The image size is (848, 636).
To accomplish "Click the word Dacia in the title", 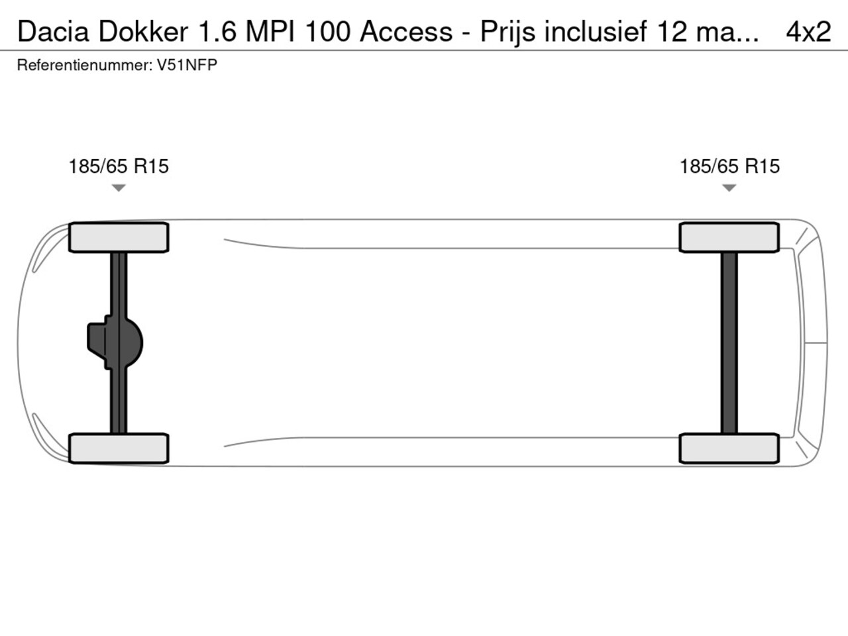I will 54,31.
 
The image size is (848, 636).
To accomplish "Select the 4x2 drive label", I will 808,31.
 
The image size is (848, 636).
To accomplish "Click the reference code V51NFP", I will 187,66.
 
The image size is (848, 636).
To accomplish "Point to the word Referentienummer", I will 83,66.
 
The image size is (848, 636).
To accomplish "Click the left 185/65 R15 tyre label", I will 119,166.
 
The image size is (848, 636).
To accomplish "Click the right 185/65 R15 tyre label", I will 729,166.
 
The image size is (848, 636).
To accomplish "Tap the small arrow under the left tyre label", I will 119,188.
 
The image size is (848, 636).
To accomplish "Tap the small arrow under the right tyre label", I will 729,188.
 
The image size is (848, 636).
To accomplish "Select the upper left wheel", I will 119,237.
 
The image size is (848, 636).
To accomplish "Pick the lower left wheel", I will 119,449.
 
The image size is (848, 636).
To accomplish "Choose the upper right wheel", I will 729,237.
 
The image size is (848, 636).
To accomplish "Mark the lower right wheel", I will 729,449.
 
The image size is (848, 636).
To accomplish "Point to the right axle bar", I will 729,343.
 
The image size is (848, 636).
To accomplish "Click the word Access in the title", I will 406,31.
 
